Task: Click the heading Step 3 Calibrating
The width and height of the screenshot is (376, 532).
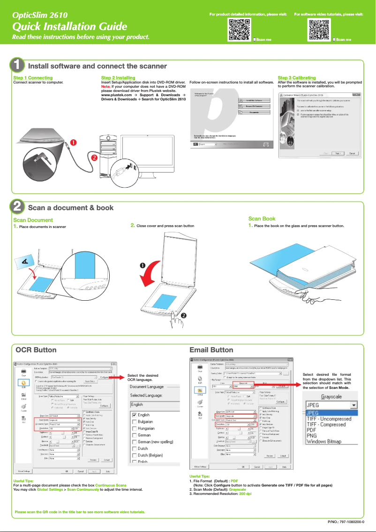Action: point(297,77)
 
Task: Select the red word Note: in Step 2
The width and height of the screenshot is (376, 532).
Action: point(106,86)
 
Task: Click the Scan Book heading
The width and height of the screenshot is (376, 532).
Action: point(262,219)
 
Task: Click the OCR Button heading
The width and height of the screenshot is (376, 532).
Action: point(36,350)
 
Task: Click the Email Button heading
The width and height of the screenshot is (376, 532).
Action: point(211,350)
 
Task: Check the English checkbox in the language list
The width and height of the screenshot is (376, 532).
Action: point(134,415)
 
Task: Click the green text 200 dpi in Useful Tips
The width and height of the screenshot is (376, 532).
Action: point(245,494)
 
